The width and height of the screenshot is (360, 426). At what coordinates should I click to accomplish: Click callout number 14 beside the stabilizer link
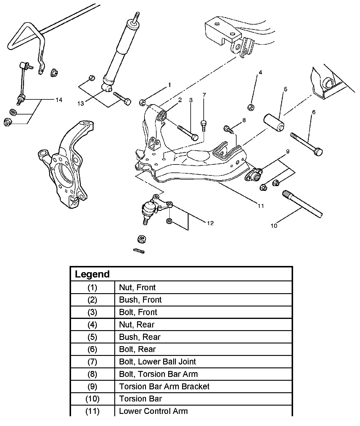[59, 100]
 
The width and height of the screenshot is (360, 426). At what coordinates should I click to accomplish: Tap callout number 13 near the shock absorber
[81, 103]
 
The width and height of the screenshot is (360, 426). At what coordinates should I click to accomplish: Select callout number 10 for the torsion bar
[274, 226]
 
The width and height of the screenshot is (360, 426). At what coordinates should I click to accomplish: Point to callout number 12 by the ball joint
[210, 223]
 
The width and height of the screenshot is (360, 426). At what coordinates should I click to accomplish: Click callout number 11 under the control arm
[261, 206]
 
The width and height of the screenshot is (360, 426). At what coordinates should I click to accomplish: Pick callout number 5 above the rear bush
[285, 89]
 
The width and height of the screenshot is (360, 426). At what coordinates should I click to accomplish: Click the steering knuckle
[65, 166]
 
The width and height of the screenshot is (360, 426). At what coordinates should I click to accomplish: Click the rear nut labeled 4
[251, 107]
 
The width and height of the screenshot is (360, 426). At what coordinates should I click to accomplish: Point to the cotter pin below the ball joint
[139, 251]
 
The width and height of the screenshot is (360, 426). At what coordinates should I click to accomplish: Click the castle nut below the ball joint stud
[142, 239]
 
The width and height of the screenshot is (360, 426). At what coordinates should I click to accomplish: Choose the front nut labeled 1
[142, 103]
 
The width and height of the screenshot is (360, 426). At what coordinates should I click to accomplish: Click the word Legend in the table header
[92, 274]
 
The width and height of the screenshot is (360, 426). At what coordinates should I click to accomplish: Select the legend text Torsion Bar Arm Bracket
[164, 386]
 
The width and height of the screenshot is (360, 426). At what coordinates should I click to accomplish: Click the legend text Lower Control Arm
[153, 411]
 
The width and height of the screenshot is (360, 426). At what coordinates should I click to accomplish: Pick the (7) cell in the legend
[92, 362]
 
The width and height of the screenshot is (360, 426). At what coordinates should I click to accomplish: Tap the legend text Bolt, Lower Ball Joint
[157, 362]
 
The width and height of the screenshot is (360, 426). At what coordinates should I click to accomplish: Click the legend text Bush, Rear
[140, 337]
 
